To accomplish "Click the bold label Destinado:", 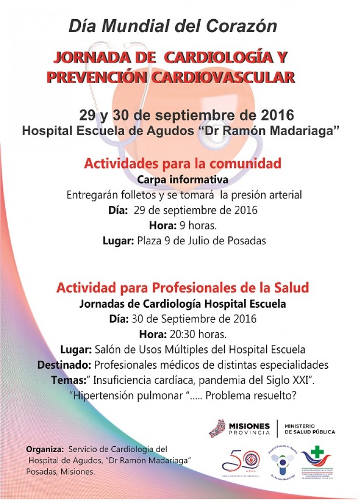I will tap(65, 364).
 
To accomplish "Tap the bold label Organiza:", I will tap(45, 449).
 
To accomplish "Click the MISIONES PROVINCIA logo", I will tap(239, 428).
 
